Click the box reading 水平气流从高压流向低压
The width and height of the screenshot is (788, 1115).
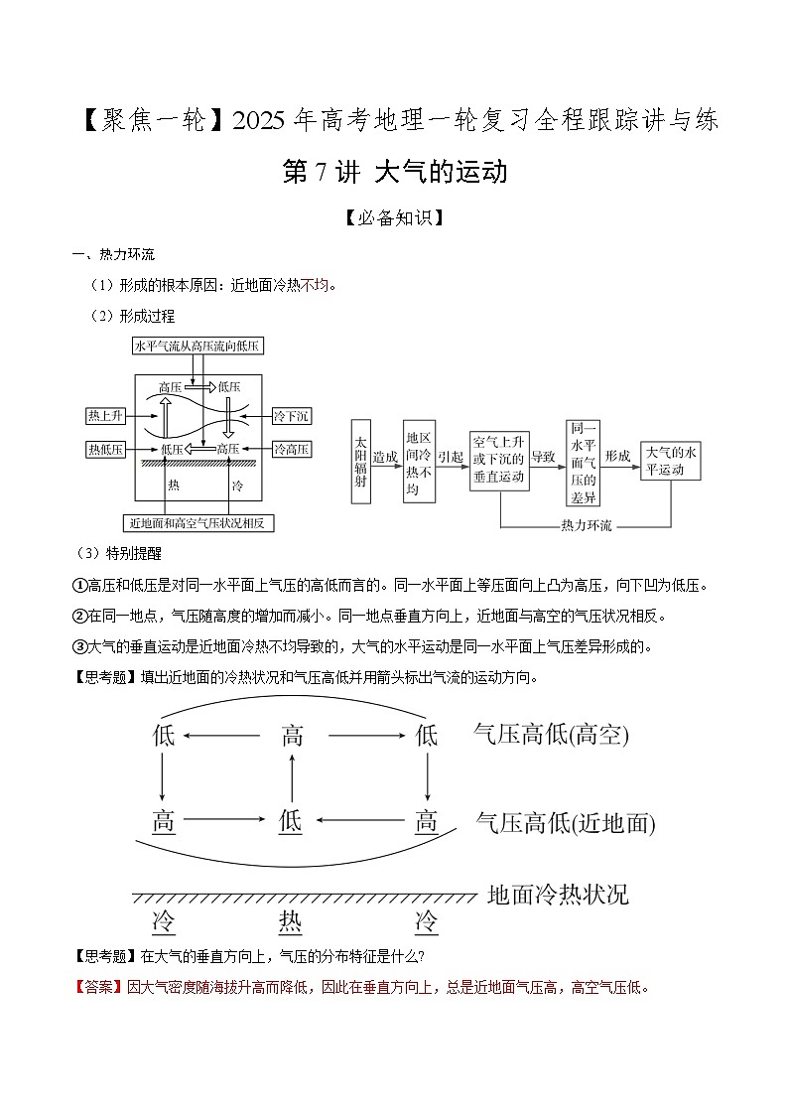pos(196,347)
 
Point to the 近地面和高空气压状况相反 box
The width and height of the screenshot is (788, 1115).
pos(199,521)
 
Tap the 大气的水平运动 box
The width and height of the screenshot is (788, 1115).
pos(672,462)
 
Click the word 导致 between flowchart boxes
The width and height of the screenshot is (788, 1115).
pos(543,457)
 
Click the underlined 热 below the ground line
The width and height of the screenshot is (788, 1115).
pos(291,921)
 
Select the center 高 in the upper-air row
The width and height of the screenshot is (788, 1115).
pos(292,736)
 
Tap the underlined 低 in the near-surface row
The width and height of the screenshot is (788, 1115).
pos(291,821)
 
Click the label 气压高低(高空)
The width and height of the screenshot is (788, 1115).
pos(551,735)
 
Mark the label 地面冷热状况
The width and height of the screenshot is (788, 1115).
pos(558,894)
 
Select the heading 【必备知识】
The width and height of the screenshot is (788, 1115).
pos(394,217)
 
